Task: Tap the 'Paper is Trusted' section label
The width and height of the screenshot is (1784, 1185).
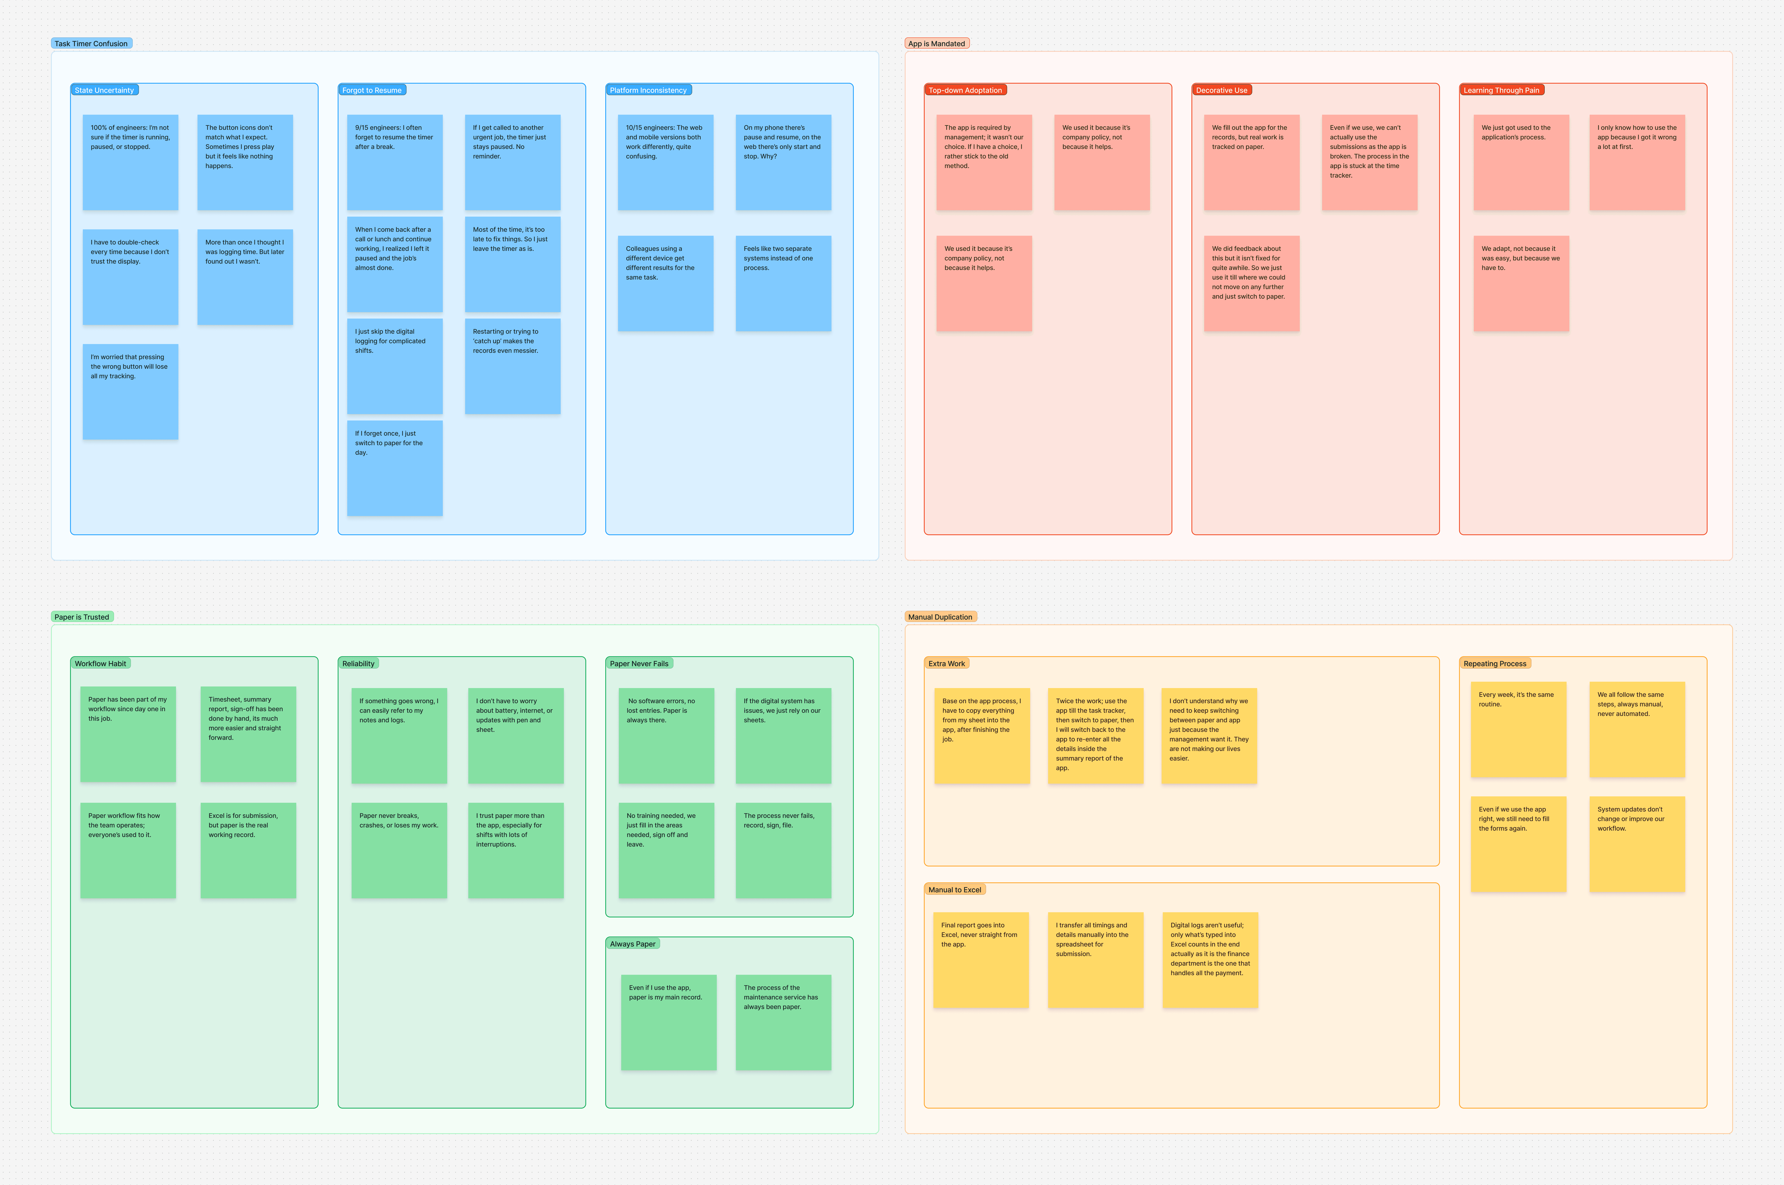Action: (x=82, y=617)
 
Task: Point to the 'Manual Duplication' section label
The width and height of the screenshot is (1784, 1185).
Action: (x=941, y=617)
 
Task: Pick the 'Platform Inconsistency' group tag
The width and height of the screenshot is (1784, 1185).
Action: (x=648, y=90)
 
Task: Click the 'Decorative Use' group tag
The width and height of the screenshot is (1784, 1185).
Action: (x=1222, y=90)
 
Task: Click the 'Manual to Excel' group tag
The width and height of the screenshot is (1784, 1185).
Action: (x=955, y=890)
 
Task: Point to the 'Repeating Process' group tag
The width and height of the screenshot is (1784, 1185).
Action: (x=1495, y=664)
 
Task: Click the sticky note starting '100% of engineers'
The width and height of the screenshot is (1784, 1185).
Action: (x=131, y=162)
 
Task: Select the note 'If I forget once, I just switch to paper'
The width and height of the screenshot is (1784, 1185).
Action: (x=395, y=468)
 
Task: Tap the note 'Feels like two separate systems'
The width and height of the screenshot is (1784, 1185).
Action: (x=783, y=283)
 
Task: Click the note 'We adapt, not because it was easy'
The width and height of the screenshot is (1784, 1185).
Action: (x=1521, y=283)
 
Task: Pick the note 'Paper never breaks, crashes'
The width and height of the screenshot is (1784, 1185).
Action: (x=399, y=850)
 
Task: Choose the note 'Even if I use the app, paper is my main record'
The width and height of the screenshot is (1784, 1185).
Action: (x=669, y=1023)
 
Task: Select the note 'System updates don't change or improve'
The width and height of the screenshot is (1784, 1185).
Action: (x=1637, y=844)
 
